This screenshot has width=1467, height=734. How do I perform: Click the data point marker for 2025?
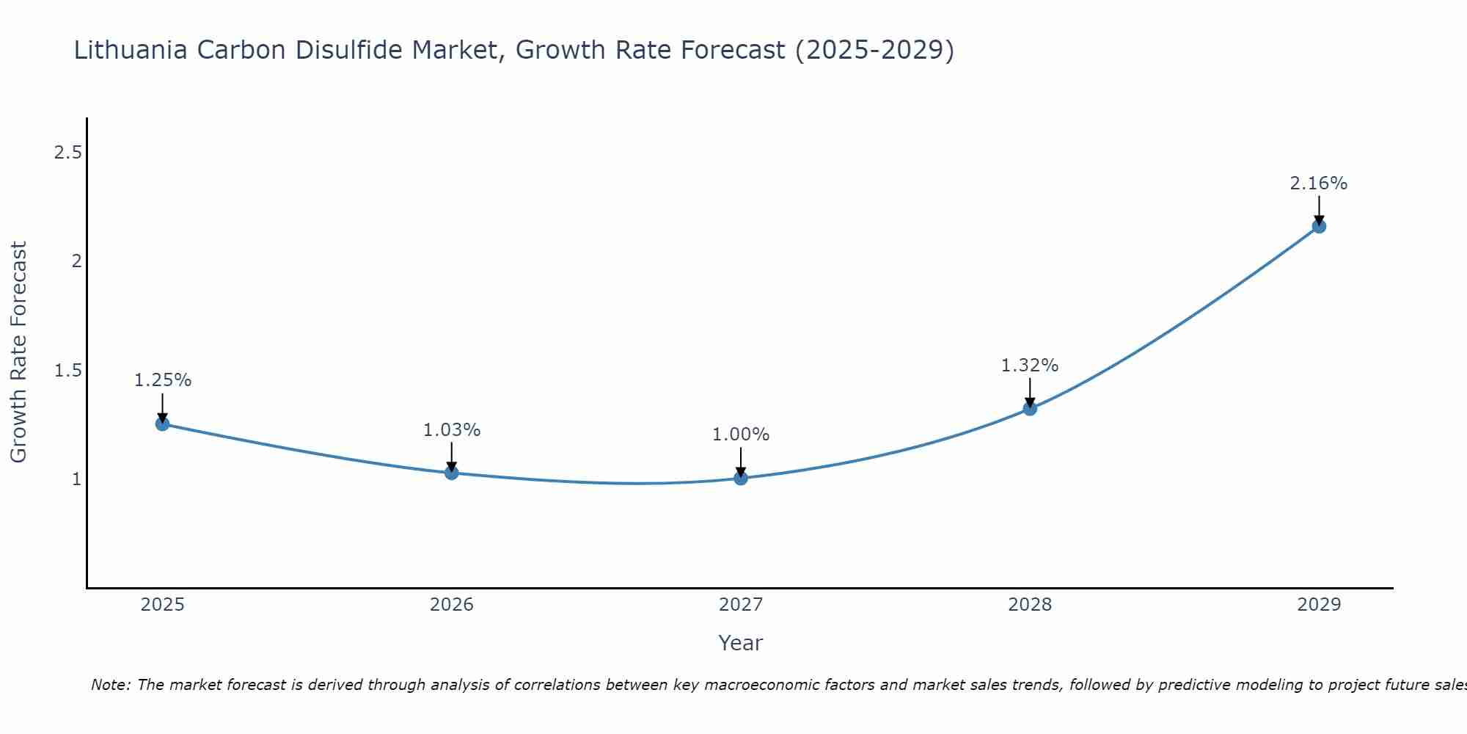click(x=162, y=424)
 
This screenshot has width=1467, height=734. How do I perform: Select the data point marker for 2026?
click(x=451, y=473)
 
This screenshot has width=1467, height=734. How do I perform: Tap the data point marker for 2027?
click(x=741, y=479)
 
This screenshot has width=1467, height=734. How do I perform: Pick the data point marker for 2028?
click(x=1030, y=408)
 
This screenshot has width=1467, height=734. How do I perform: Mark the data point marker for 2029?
click(x=1319, y=226)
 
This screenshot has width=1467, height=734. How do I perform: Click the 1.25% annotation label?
click(x=163, y=380)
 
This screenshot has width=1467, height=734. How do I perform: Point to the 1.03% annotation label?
click(x=452, y=430)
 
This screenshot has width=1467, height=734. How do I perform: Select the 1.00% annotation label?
click(x=741, y=435)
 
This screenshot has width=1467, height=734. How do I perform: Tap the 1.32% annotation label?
click(x=1030, y=366)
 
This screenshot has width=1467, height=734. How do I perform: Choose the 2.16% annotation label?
click(x=1319, y=183)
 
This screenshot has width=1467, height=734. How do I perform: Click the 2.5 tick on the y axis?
click(x=67, y=153)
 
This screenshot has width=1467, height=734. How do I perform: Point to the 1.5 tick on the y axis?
click(x=67, y=371)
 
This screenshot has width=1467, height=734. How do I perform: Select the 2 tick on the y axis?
click(x=76, y=261)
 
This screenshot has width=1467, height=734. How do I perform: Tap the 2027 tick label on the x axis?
click(x=741, y=605)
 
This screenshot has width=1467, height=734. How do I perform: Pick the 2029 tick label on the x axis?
click(x=1319, y=605)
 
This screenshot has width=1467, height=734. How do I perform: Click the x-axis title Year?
click(x=741, y=643)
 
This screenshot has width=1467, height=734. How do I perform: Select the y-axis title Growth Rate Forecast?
click(x=18, y=352)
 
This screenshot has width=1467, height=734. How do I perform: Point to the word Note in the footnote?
click(x=111, y=685)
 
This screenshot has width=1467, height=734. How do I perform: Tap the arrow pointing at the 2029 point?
click(x=1319, y=209)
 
